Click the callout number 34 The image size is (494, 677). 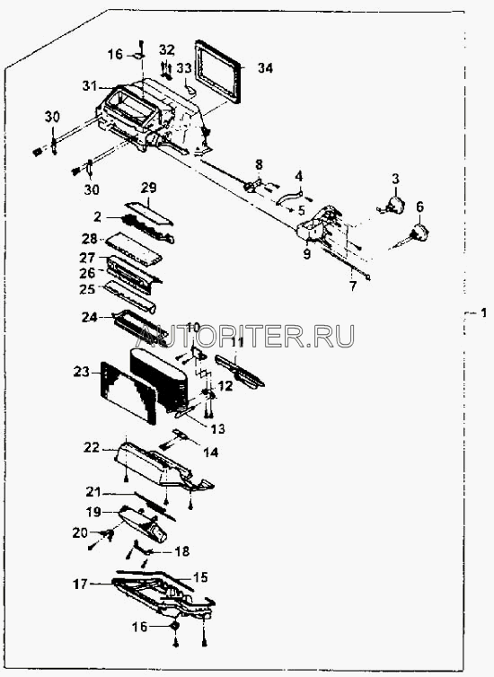click(266, 67)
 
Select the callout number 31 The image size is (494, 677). click(91, 86)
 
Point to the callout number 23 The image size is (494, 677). click(81, 372)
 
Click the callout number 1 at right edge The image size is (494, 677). click(483, 312)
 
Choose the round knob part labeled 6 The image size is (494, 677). click(419, 233)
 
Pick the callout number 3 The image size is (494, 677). click(395, 179)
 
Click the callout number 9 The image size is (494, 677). click(306, 254)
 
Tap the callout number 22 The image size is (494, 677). click(92, 447)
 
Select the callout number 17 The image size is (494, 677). click(80, 584)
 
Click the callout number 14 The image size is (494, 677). click(211, 452)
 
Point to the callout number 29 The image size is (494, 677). click(149, 188)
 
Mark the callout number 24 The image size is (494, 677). click(90, 317)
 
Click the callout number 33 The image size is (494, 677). click(184, 67)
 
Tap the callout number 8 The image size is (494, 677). click(259, 164)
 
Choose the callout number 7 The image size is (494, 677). click(353, 286)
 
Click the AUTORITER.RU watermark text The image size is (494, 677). click(246, 336)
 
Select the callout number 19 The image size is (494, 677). click(93, 512)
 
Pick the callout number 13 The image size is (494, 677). click(217, 429)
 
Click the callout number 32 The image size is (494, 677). click(167, 49)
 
